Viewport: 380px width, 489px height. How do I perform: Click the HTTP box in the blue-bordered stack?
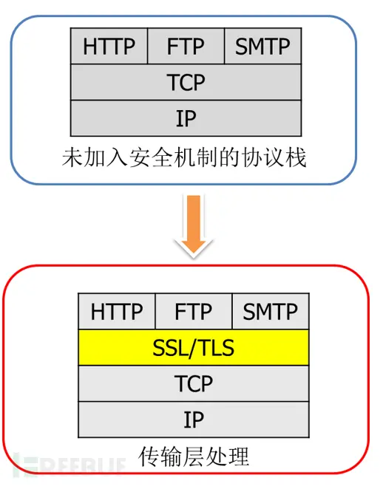[x=109, y=46]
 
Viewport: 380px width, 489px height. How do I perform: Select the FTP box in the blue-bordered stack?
[x=186, y=46]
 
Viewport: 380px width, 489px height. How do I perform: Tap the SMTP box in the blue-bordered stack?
[x=263, y=46]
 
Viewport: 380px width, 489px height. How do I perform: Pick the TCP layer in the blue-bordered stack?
[x=186, y=82]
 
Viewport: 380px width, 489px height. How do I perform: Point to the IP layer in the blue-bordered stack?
[x=186, y=118]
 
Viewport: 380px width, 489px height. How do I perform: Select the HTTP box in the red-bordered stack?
[x=117, y=311]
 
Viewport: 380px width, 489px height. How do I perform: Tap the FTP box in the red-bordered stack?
[x=194, y=311]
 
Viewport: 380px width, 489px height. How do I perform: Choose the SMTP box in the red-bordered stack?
[x=271, y=311]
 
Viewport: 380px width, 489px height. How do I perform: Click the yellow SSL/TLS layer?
[x=194, y=347]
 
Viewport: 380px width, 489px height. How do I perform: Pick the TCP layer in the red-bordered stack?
[x=194, y=383]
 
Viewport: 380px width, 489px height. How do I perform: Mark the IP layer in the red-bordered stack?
[x=194, y=420]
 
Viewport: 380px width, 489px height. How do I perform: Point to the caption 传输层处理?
[x=194, y=456]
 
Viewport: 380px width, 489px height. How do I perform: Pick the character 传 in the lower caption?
[x=149, y=456]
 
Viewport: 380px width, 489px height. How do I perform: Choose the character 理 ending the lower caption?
[x=239, y=456]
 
